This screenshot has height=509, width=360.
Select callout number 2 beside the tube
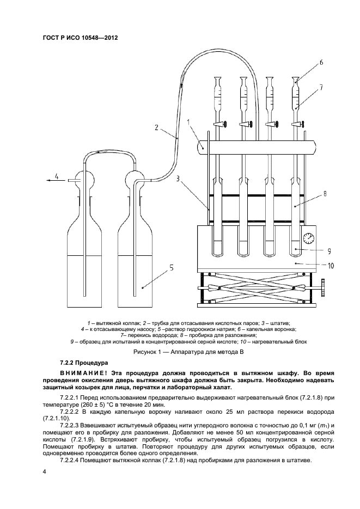[x=156, y=128]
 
